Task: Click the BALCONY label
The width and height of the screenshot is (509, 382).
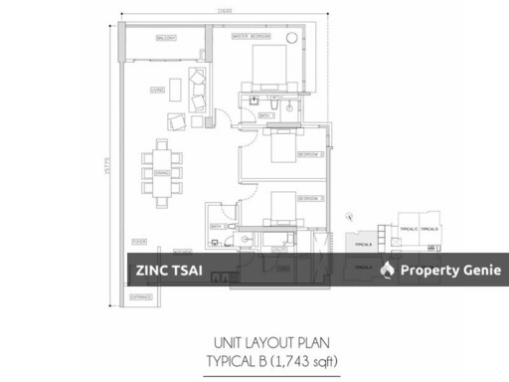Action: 165,38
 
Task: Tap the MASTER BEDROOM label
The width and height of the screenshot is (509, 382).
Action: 253,36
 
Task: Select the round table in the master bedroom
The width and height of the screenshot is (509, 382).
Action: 291,38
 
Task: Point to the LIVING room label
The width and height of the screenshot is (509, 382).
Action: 157,89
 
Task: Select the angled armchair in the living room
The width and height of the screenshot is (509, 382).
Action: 175,122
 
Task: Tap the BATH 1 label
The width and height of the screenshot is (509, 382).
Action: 265,115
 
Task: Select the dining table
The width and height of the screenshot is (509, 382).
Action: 162,170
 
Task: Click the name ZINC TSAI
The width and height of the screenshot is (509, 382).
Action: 163,270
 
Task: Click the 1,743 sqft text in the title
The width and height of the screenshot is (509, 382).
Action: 310,360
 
